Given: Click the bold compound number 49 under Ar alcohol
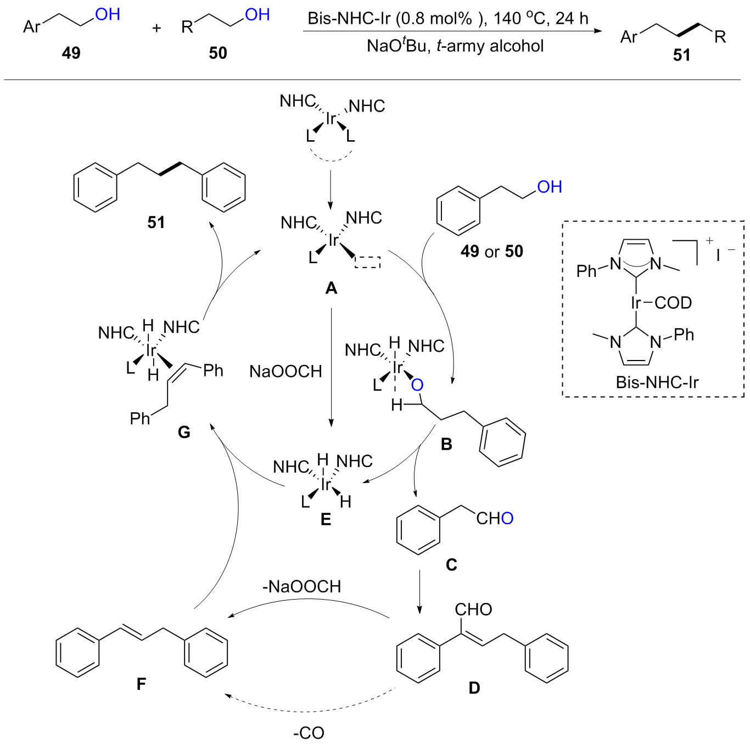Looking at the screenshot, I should coord(71,53).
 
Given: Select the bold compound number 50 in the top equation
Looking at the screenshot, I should coord(218,53).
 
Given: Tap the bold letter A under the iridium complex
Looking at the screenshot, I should coord(331,287).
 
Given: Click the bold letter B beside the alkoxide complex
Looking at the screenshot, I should coord(446,444).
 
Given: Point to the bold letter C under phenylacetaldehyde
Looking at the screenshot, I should coord(451,564).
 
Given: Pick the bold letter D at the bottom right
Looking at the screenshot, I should coord(474,688).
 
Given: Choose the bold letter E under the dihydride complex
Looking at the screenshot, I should coord(326,519).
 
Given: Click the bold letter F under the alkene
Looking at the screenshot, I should coord(141,684).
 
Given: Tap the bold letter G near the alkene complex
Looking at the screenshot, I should coord(184,433).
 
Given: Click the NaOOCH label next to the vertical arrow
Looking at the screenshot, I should coord(286,372).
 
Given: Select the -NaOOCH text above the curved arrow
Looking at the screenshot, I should coord(301,586).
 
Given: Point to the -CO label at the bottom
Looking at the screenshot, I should coord(309,733).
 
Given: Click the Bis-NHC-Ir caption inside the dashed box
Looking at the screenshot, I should coord(657,382).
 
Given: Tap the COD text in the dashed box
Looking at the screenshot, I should coord(673,303).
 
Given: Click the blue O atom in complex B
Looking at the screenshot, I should coord(417,385).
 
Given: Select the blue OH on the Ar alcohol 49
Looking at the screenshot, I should coord(108,14).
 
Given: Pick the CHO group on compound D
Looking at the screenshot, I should coord(473,609).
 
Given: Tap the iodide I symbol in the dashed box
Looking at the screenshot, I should coord(718,255).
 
